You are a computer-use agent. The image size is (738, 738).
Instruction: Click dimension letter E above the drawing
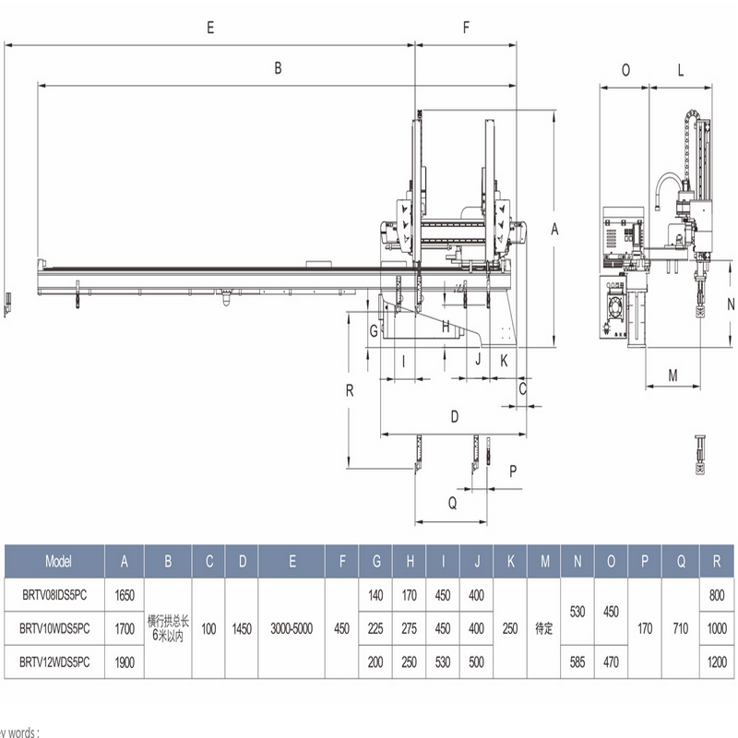coord(211,28)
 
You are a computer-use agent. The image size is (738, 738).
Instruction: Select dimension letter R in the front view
coord(350,389)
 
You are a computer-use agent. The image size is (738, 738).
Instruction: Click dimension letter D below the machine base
coord(454,417)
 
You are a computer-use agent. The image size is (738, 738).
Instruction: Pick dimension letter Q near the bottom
coord(452,503)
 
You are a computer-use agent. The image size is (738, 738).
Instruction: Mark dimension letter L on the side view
coord(680,70)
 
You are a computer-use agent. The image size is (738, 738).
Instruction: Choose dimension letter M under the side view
coord(673,375)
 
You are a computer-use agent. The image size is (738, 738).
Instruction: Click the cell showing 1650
coord(125,596)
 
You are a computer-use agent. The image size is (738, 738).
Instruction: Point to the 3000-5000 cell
coord(292,629)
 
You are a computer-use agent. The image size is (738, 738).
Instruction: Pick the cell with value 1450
coord(242,629)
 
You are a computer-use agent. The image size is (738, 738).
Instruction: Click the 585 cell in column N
coord(577,662)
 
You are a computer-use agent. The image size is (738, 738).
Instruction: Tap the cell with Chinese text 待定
coord(544,629)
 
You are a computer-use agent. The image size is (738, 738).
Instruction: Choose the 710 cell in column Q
coord(679,629)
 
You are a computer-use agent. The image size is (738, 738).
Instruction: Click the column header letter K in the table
coord(510,561)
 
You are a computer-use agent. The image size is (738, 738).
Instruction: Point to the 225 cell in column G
coord(375,629)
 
